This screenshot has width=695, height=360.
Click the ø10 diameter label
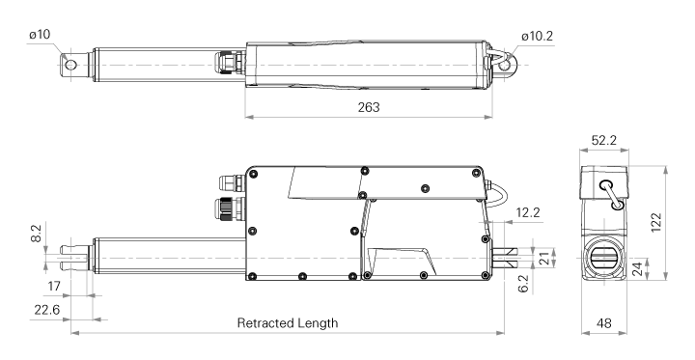pos(40,35)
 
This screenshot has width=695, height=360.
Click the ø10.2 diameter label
pos(538,36)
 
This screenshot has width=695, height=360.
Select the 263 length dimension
pos(369,107)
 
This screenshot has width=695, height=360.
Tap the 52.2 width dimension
pos(603,140)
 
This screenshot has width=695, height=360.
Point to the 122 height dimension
pos(656,223)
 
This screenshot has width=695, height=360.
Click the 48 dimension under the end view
pos(603,323)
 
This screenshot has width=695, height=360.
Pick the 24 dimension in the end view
pos(637,268)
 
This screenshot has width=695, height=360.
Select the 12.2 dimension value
pos(528,212)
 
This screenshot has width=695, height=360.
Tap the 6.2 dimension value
pos(523,284)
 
